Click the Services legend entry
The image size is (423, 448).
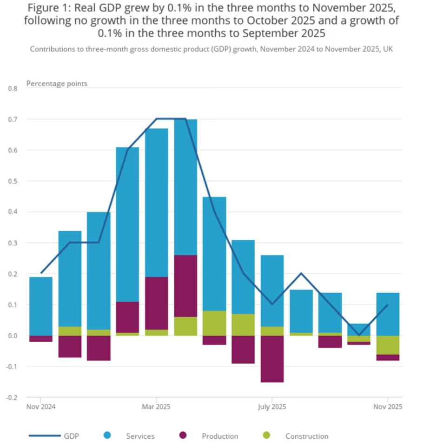tap(140, 436)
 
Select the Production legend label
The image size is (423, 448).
tap(219, 436)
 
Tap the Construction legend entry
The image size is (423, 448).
tap(306, 436)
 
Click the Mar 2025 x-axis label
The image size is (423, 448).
tap(156, 407)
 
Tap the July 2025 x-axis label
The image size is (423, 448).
tap(272, 407)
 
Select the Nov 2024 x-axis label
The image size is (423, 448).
tap(41, 407)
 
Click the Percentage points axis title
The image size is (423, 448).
tap(56, 84)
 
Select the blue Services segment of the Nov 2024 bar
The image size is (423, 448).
tap(41, 306)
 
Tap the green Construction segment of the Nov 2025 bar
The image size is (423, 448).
tap(388, 345)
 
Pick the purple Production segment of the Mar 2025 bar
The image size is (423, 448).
tap(156, 303)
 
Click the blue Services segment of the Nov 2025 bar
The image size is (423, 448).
tap(388, 314)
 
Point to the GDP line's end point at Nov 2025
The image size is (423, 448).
tap(388, 305)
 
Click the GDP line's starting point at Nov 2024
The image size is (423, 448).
tap(41, 273)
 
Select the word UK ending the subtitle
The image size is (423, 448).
tap(388, 49)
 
